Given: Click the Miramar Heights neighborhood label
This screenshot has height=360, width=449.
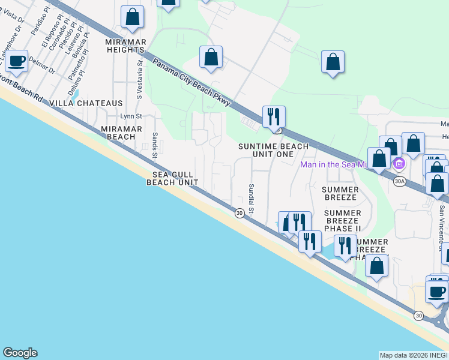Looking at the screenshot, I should [x=124, y=46].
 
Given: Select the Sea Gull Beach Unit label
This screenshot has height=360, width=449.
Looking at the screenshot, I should [x=170, y=178].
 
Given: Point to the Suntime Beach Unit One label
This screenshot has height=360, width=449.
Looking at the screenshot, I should [x=273, y=150].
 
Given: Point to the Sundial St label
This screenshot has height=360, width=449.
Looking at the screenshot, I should [x=252, y=199].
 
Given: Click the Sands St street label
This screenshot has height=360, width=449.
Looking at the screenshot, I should [x=154, y=146].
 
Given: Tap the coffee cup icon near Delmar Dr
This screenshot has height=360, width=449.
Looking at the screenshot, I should [x=17, y=61].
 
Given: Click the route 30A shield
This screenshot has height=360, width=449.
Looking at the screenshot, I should [x=399, y=181].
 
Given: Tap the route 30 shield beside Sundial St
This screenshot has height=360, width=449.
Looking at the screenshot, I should [x=239, y=213].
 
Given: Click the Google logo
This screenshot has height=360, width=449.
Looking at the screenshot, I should [x=20, y=353].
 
